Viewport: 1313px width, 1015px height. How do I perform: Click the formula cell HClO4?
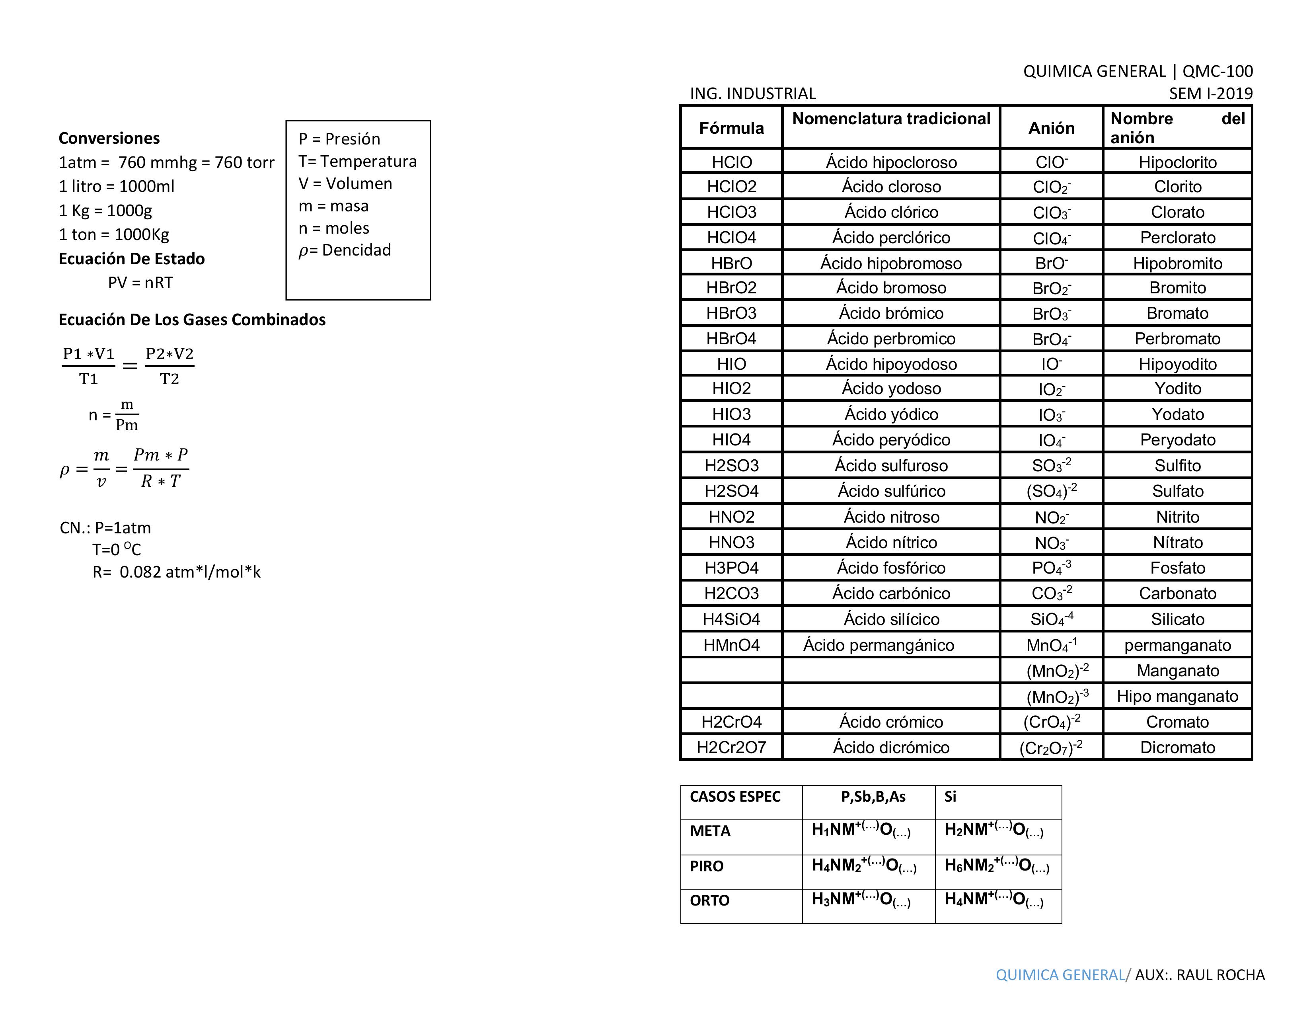click(731, 238)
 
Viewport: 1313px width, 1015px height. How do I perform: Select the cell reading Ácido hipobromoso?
click(891, 264)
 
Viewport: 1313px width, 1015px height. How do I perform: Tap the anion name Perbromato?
click(1177, 339)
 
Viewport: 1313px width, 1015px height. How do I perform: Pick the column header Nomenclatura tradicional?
click(891, 119)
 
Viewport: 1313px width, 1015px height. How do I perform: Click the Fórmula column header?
click(731, 128)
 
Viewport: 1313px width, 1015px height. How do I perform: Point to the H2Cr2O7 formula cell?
click(731, 748)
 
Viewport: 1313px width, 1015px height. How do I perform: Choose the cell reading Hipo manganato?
click(1177, 696)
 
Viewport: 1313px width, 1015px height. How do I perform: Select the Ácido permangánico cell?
click(879, 645)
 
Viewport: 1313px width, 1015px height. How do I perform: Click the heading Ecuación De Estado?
click(132, 259)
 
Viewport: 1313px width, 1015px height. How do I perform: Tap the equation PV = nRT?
click(141, 283)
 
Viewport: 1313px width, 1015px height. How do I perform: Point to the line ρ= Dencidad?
click(345, 250)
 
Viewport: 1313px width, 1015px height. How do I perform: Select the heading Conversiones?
click(109, 138)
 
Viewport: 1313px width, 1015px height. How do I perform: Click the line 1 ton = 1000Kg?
click(114, 234)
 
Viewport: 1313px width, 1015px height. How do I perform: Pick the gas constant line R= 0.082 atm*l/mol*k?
click(176, 572)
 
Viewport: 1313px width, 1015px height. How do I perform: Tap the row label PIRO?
click(706, 867)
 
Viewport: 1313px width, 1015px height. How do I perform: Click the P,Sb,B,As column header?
click(873, 797)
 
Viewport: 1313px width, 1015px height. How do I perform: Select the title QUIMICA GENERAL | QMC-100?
click(1138, 72)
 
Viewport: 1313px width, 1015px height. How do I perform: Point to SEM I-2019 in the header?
click(1210, 94)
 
